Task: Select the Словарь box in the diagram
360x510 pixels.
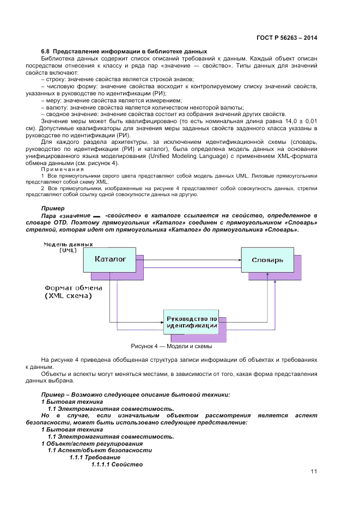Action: pos(267,260)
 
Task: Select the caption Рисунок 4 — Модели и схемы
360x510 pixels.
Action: pos(171,346)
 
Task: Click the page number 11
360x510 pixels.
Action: pos(314,472)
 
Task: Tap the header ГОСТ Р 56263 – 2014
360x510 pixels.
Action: pos(286,38)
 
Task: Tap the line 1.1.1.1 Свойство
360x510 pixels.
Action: pos(117,465)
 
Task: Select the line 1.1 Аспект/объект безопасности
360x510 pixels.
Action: pos(99,451)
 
